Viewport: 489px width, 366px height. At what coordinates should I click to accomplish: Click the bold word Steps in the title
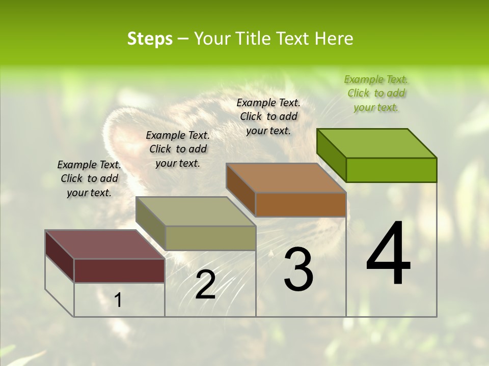point(150,39)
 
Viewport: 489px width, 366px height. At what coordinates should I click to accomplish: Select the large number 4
point(388,255)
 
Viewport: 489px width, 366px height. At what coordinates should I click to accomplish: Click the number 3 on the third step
point(298,269)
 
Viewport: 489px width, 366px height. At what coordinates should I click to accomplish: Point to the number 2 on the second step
point(205,285)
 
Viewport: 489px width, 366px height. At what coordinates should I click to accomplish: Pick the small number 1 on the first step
point(118,300)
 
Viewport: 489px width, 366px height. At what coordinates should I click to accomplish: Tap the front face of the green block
point(391,170)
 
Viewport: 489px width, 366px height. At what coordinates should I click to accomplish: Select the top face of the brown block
point(286,178)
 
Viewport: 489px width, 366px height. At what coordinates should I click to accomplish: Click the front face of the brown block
point(301,204)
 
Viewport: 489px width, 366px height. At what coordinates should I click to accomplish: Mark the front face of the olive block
point(210,238)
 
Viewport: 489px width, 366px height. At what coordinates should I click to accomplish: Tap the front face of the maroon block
point(119,270)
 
